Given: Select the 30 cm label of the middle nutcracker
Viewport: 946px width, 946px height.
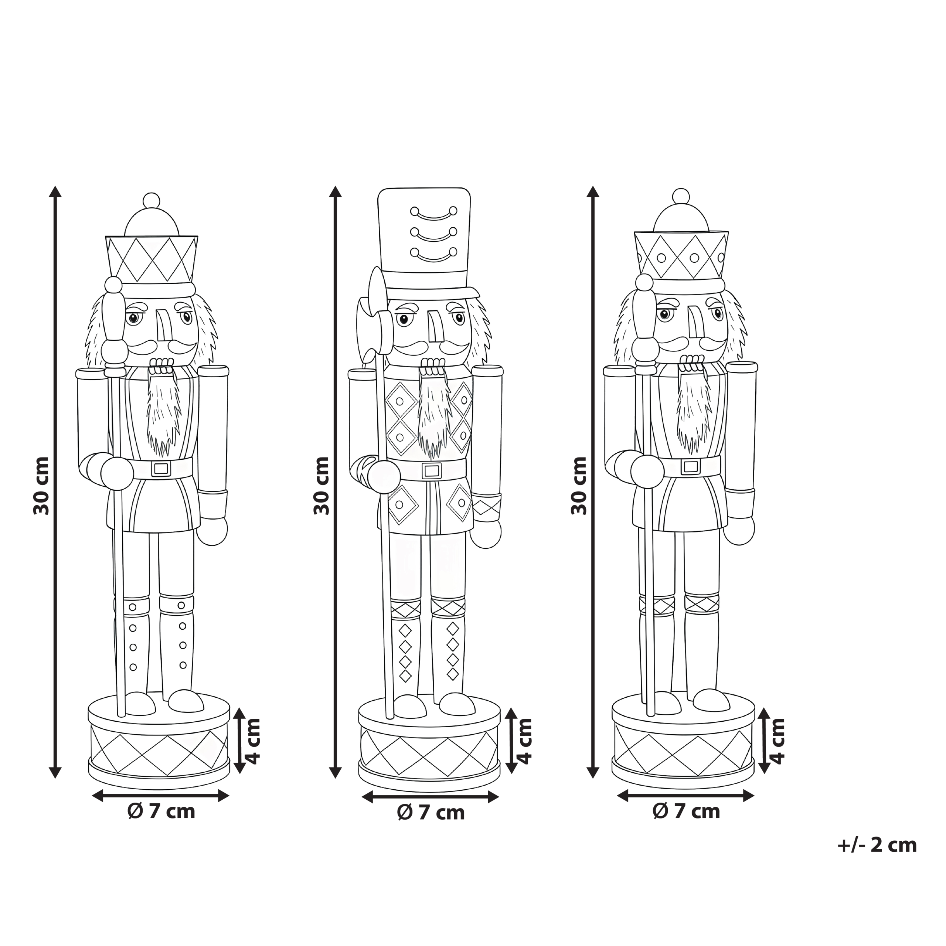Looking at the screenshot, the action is tap(321, 485).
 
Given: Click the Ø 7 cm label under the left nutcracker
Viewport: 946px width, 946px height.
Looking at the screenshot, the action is tap(161, 811).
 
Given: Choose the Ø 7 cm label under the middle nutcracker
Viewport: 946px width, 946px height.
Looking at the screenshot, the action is tap(431, 813).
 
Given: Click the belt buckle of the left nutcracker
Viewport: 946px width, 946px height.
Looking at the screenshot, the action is tap(161, 469).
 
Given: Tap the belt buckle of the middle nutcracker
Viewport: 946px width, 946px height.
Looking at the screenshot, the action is tap(431, 470).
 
